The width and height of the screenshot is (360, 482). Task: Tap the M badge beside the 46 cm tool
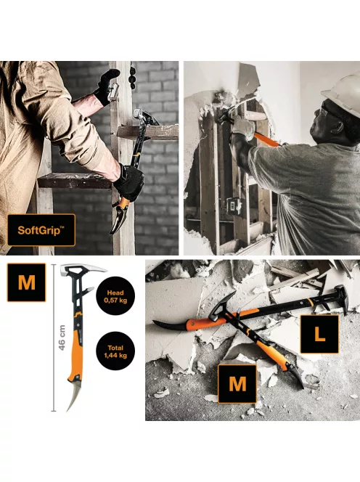pyautogui.click(x=26, y=282)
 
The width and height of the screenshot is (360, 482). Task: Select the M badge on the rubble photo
pyautogui.click(x=238, y=383)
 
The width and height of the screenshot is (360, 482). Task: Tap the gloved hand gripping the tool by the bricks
pyautogui.click(x=128, y=181)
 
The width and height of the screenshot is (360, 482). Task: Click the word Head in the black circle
pyautogui.click(x=116, y=286)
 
